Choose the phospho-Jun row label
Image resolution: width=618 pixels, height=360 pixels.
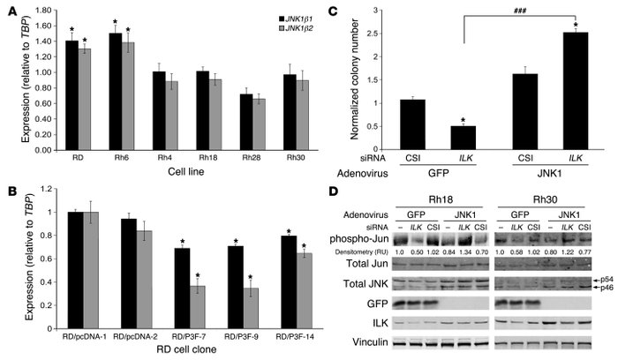pos(358,238)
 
